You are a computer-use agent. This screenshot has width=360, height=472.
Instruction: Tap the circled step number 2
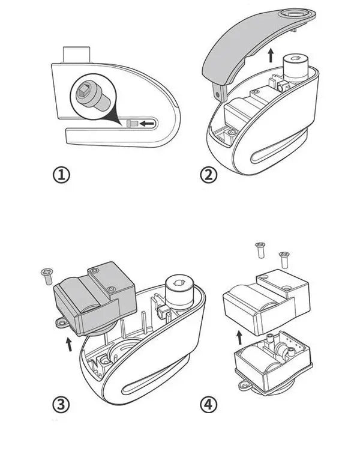(x=209, y=175)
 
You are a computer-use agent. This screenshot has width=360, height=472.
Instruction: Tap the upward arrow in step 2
(x=271, y=55)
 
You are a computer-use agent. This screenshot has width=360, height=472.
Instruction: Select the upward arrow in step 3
(x=69, y=344)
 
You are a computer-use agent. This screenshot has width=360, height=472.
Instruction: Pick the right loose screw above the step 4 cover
(x=284, y=259)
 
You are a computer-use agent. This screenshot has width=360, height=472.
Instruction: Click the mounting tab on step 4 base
(x=245, y=381)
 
